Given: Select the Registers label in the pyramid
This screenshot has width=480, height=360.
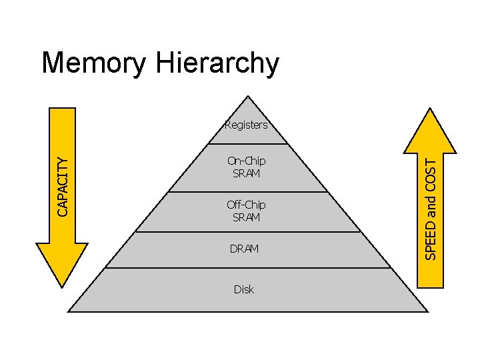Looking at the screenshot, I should coord(246,125).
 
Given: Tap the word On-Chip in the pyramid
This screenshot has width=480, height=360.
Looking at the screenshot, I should coord(246,161).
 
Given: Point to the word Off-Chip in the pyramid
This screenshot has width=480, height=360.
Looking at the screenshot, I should coord(246,205).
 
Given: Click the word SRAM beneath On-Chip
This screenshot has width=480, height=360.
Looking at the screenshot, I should coord(246,173).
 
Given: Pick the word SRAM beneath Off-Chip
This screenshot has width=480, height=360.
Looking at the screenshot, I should coord(246,217).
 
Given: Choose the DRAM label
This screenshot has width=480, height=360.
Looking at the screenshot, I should coord(244,249).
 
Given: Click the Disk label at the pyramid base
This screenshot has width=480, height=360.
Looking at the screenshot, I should coord(244,289).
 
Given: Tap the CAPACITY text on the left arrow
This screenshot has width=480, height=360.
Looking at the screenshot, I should coord(62,186).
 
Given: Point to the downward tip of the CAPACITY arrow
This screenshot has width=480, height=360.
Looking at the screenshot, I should coord(62,287).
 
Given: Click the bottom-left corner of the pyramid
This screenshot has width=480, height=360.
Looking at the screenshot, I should coord(69,311).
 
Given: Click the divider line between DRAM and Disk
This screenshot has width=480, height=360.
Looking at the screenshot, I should coord(247,268).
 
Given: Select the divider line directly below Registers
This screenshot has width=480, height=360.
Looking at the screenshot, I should coord(247,144).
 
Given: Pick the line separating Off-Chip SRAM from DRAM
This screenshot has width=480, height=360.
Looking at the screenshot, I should coord(247,232).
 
